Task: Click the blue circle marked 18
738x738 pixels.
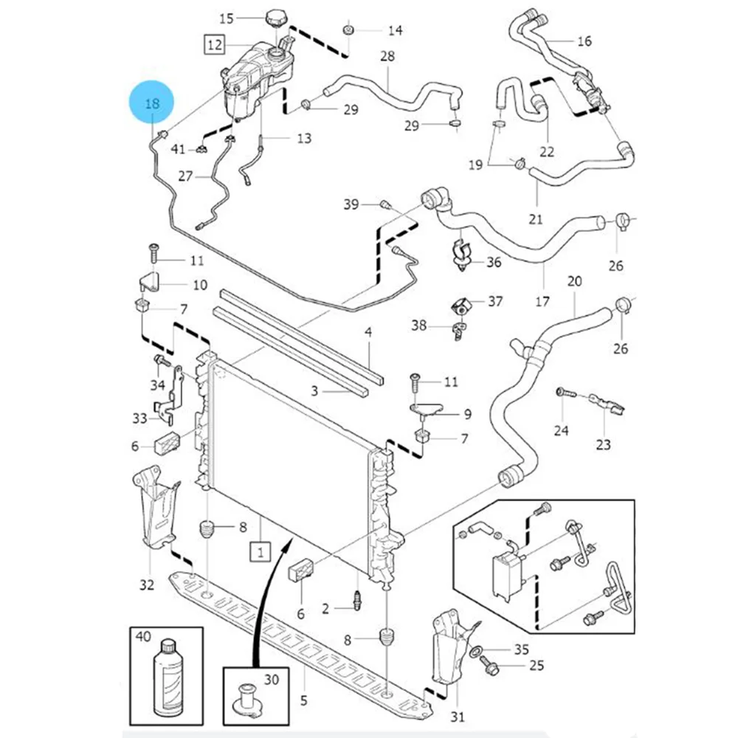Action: [152, 103]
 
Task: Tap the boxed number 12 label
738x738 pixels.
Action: [214, 45]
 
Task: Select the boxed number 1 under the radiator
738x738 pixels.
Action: [260, 550]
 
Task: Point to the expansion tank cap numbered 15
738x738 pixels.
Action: [277, 18]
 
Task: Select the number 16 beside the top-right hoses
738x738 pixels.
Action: [584, 41]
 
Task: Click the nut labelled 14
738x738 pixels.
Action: [347, 30]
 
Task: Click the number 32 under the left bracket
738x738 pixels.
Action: [147, 585]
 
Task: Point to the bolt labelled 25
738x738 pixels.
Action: [491, 667]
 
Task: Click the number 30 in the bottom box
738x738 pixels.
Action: [271, 680]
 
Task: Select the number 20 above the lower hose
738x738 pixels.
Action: [575, 281]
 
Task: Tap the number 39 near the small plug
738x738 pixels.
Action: [352, 204]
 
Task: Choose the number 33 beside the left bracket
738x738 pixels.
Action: [139, 418]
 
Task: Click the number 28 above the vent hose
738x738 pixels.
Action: [387, 56]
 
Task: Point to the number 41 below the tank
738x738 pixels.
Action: [178, 150]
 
